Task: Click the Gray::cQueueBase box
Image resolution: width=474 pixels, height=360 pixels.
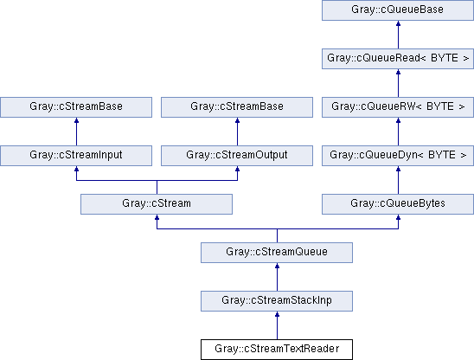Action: (398, 10)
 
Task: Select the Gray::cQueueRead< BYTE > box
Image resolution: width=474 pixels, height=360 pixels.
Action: (398, 59)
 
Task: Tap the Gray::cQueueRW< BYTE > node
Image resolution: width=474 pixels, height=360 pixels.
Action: (398, 107)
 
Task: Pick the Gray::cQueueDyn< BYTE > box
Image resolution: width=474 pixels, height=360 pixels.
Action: (398, 156)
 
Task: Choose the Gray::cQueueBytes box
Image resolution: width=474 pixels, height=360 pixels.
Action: (398, 204)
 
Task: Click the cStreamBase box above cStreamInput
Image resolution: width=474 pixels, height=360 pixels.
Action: (76, 107)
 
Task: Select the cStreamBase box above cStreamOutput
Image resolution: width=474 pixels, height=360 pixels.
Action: (237, 107)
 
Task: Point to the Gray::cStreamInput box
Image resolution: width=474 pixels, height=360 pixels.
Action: (76, 156)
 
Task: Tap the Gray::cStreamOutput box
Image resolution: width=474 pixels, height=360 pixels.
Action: (237, 156)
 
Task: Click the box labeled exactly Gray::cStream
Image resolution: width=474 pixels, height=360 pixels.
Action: (157, 204)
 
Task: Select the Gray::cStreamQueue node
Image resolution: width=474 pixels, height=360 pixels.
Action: (277, 253)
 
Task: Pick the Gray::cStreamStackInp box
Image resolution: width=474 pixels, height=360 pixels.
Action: (277, 300)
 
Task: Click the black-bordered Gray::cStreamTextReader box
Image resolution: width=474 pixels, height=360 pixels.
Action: (277, 350)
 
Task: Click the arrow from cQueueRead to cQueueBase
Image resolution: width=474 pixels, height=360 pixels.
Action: (398, 35)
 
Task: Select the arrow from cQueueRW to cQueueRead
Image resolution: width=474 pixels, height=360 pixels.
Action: (398, 83)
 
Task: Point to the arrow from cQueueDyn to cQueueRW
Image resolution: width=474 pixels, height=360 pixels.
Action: (398, 132)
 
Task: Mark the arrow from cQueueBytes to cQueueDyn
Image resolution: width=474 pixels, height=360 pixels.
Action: (398, 180)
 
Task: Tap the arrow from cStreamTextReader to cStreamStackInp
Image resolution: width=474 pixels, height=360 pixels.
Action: (277, 325)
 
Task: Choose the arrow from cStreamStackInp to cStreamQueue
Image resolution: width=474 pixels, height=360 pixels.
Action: (277, 277)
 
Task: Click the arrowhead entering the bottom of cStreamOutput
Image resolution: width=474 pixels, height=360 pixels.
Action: (237, 169)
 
